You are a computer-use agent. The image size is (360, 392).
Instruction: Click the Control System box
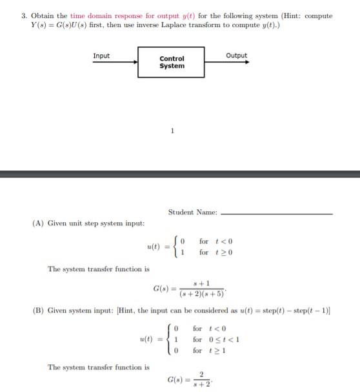(x=172, y=62)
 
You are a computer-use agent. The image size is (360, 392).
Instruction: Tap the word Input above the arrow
(x=101, y=56)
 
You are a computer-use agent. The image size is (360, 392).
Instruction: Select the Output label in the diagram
(x=237, y=56)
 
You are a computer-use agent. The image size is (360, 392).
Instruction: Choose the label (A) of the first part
(x=37, y=223)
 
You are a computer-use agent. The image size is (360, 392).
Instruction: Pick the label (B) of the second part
(x=37, y=311)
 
